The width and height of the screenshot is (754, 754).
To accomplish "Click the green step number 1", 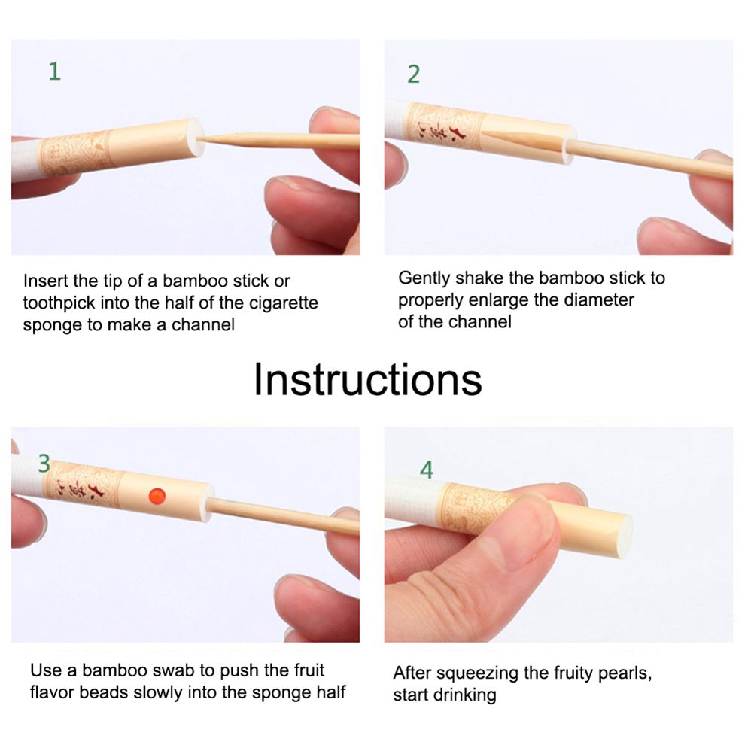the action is point(55,71).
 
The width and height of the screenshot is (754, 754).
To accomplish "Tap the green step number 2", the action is point(414,74).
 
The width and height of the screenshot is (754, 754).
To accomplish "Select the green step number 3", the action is point(44,464).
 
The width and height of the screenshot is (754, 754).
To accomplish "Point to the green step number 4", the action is point(427,470).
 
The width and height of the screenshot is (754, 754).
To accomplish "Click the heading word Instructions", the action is point(367,380).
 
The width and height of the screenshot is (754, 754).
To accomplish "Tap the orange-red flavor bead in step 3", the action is point(157,496).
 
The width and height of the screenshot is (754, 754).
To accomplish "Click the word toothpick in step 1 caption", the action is point(59,303).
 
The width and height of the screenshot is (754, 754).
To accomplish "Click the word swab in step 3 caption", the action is point(174,670).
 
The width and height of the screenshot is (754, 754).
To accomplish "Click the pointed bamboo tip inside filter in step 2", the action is point(483,133).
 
